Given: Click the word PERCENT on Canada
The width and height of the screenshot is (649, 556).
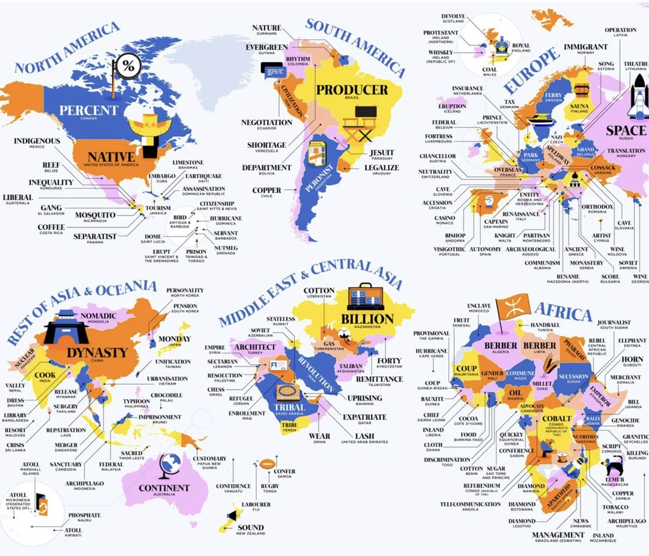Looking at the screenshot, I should pos(89,110).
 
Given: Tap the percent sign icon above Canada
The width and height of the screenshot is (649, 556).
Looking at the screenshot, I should pos(128,65).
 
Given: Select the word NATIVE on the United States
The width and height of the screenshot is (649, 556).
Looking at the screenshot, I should pos(111,157).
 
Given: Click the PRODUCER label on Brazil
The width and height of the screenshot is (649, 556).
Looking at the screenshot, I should pos(352,89).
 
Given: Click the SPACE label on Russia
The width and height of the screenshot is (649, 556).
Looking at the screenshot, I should pos(625,130).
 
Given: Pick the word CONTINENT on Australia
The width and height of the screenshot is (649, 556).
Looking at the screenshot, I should pos(164,488).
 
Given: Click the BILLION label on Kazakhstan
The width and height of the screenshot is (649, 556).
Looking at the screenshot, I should pos(367,319).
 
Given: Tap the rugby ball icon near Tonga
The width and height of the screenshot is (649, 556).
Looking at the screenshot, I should pos(264,464).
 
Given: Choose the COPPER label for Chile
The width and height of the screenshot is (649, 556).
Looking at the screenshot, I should pos(267,190).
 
